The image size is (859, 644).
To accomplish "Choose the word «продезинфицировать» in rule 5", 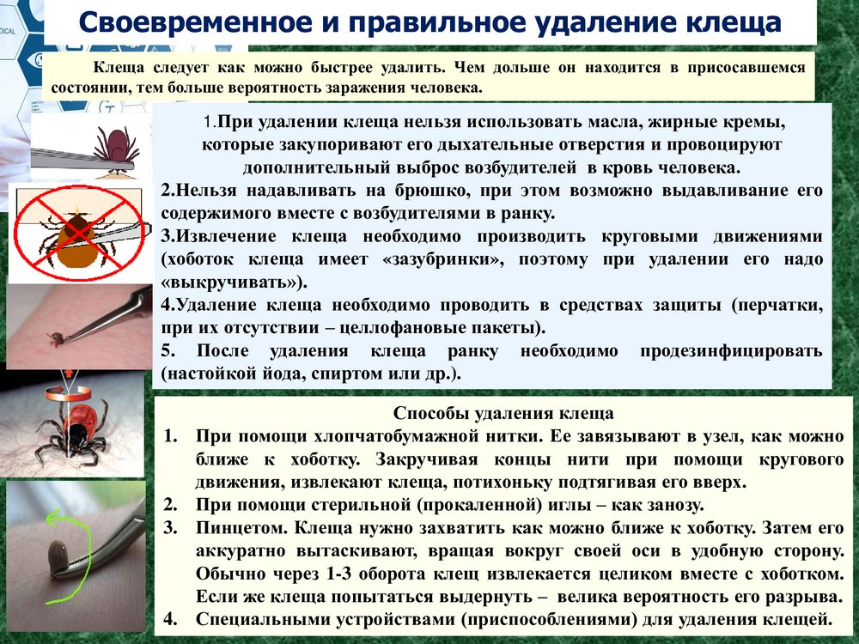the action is [731, 351].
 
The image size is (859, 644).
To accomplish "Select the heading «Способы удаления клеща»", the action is [503, 413].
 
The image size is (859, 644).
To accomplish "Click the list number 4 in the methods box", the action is [170, 619].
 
